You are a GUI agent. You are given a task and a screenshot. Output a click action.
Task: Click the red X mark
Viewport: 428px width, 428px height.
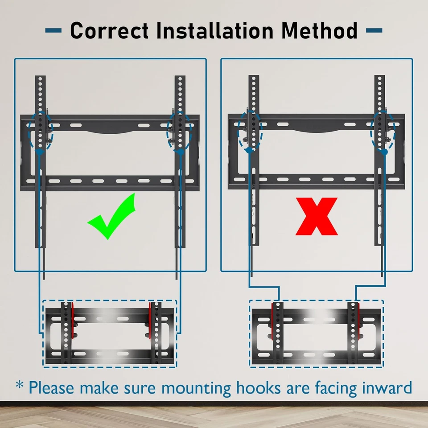[x=317, y=217]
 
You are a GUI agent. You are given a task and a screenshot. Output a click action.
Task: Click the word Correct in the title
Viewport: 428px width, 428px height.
[x=109, y=31]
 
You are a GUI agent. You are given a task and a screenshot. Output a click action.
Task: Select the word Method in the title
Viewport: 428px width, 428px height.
[x=319, y=31]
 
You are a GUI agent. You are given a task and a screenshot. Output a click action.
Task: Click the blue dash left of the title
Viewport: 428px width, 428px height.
[x=53, y=31]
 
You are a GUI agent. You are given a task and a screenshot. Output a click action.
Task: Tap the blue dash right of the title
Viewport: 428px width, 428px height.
[x=374, y=31]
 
